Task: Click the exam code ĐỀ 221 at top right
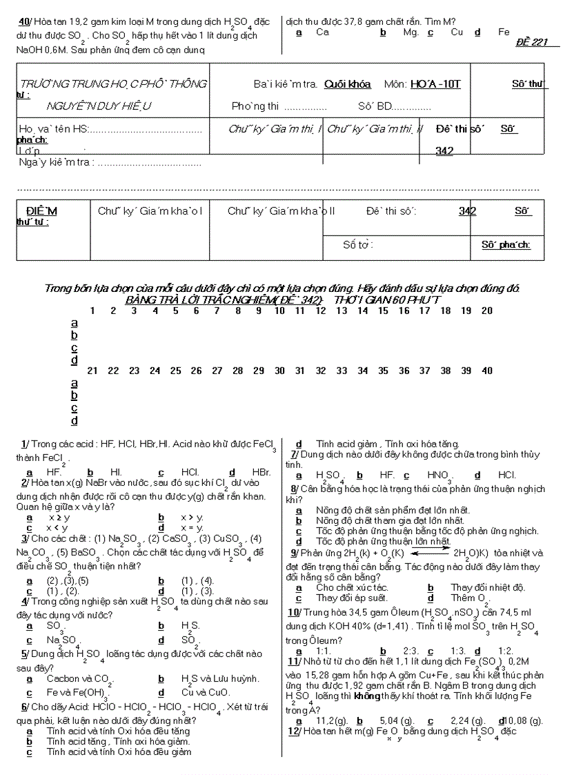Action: point(531,42)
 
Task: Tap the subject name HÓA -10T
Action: point(435,84)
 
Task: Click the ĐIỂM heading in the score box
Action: point(41,210)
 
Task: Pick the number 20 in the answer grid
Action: point(487,311)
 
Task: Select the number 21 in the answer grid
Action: point(92,371)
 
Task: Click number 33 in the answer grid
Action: point(342,371)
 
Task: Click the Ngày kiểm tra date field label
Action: point(55,162)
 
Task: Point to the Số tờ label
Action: point(358,244)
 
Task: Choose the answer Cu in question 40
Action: point(457,32)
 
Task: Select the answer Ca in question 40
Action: point(322,32)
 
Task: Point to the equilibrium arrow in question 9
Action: point(431,552)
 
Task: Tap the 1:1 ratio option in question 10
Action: point(324,651)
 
